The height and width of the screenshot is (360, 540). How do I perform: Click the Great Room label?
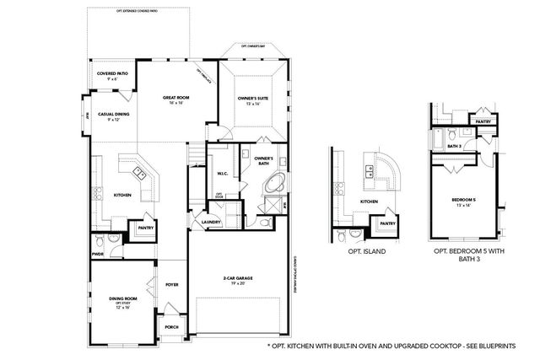pos(175,99)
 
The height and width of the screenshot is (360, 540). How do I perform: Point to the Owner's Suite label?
pos(253,99)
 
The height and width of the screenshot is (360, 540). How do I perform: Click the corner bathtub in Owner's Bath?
pos(275,185)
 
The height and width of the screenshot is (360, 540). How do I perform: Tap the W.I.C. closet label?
pos(223,175)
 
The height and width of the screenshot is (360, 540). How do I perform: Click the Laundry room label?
pos(211,223)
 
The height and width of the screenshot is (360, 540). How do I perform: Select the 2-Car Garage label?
pos(240,279)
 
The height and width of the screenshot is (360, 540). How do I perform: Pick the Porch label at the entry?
pos(171,327)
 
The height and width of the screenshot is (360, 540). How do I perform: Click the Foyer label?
pos(172,285)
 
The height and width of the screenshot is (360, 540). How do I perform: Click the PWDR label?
pos(98,252)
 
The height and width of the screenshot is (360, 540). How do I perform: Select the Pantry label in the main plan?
pos(145,228)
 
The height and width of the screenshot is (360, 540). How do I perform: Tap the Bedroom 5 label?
pos(463,200)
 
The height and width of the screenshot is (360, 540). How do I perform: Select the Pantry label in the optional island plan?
pos(387,223)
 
